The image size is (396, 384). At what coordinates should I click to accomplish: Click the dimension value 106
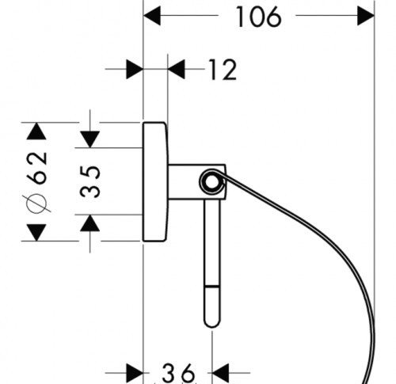(x=259, y=17)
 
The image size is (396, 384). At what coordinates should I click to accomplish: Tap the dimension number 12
(x=223, y=70)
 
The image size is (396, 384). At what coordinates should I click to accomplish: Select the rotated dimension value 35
(x=90, y=181)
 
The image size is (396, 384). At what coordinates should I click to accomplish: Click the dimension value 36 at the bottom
(x=178, y=373)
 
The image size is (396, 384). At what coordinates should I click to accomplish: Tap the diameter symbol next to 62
(x=36, y=203)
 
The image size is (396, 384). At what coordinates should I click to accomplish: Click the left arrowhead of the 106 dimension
(x=152, y=16)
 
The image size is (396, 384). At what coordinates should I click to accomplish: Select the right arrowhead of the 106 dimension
(x=366, y=16)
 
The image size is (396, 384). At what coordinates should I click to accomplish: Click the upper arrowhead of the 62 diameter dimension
(x=36, y=131)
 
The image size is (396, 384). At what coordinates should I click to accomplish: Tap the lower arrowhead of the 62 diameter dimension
(x=36, y=233)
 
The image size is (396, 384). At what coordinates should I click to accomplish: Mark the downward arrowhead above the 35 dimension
(x=90, y=139)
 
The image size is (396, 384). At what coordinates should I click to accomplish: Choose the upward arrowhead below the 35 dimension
(x=90, y=223)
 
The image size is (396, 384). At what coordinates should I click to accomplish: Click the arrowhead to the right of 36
(x=221, y=373)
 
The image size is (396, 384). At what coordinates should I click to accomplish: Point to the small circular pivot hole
(x=211, y=182)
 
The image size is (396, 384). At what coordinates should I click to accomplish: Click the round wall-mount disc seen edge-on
(x=155, y=181)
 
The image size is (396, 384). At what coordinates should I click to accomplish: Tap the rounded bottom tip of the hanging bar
(x=212, y=324)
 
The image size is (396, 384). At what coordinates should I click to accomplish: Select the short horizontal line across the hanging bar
(x=212, y=286)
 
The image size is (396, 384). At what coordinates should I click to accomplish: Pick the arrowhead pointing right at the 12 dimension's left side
(x=135, y=70)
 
